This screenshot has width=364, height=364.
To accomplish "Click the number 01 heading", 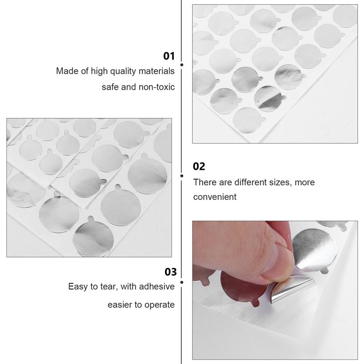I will [169, 56].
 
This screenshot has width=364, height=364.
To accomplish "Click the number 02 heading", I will [199, 167].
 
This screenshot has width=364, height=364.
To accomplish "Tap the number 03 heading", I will [170, 272].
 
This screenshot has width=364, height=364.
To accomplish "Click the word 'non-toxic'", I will [156, 86].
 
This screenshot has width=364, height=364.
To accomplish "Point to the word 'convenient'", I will [215, 197].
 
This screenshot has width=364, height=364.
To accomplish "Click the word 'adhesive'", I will [157, 287].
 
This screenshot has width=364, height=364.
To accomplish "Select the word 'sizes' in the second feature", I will [278, 182].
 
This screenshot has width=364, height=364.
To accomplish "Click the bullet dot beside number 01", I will [182, 66].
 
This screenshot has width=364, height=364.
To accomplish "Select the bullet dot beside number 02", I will [182, 175].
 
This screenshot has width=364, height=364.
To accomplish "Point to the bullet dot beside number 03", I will [182, 283].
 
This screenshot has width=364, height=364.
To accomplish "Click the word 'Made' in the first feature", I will [66, 71].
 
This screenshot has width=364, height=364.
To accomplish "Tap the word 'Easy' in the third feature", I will [77, 287].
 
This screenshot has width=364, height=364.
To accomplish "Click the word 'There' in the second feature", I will [204, 182].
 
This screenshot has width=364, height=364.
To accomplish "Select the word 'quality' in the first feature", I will [120, 71].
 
